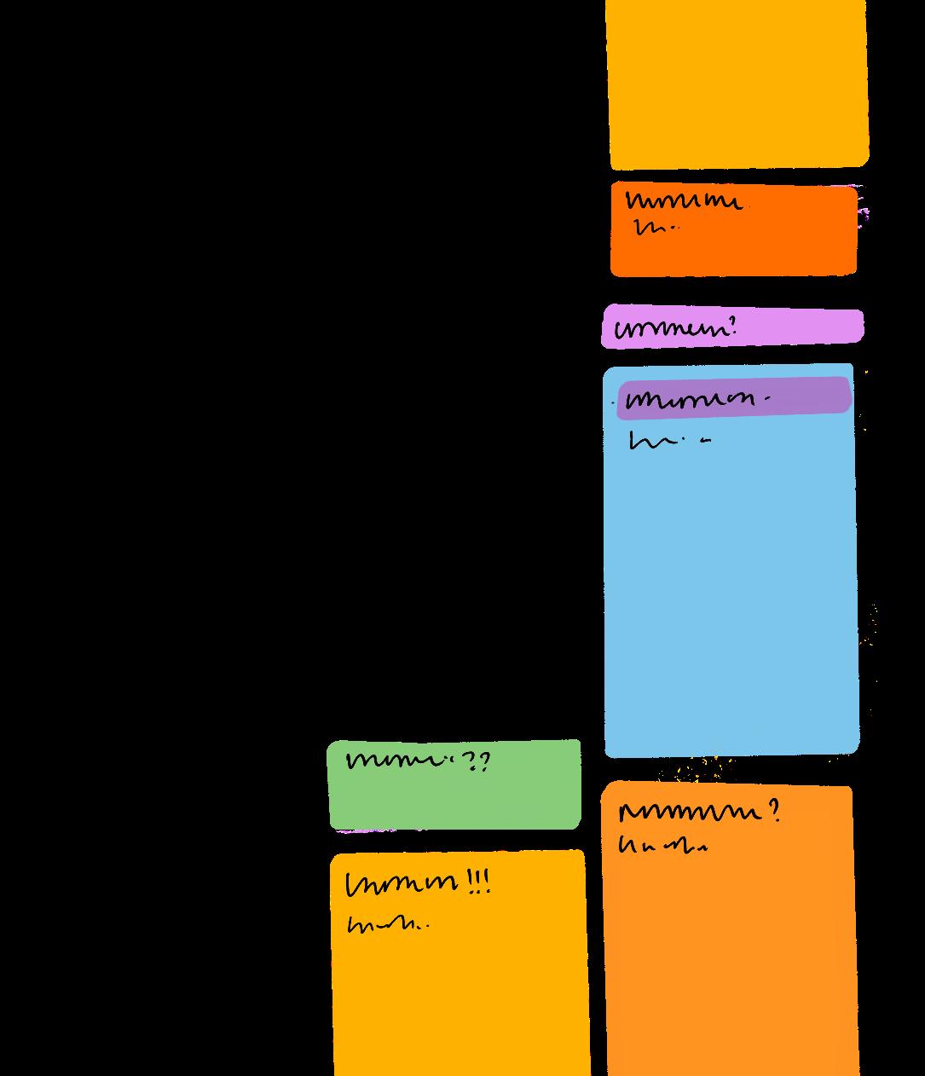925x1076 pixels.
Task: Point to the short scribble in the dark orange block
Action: pos(655,228)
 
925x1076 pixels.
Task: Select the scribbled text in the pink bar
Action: pos(670,329)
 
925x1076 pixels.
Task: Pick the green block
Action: pos(454,801)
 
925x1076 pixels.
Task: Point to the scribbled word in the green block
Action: pos(399,760)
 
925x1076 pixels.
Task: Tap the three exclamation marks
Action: pos(479,881)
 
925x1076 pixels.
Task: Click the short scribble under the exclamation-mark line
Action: pos(386,924)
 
